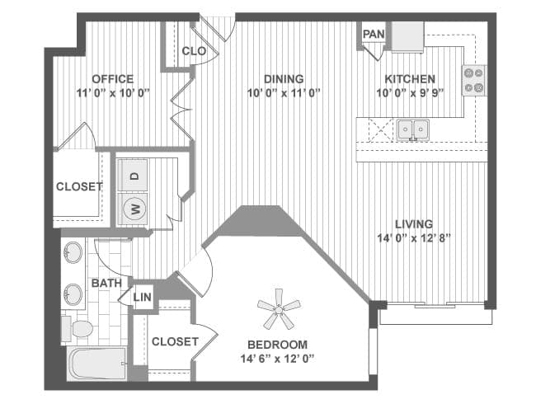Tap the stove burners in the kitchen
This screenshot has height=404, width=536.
point(474,80)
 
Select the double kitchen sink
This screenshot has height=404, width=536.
point(413,129)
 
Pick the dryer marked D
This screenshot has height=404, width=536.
point(133,175)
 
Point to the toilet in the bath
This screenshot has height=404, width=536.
point(78,329)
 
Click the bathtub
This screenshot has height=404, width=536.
point(97,364)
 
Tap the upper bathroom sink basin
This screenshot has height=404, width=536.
point(73,252)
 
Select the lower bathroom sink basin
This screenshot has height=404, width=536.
point(73,294)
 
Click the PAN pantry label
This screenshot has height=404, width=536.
point(374,34)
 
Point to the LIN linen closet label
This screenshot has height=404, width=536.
point(142,297)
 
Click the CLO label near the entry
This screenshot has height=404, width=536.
point(194,51)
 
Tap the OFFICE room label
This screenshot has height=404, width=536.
point(113,79)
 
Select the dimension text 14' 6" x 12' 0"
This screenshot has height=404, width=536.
point(277,359)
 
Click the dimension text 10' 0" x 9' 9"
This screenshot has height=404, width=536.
point(410,92)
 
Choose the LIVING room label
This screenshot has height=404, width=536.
point(414,224)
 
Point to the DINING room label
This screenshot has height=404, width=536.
point(284,79)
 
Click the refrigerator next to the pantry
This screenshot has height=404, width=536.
point(407,36)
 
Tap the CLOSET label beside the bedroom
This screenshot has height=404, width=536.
point(175,341)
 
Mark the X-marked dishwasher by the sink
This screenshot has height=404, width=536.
point(381,129)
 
